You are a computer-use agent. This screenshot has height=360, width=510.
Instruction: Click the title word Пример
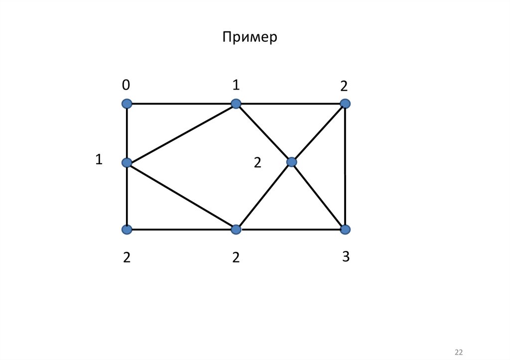(x=250, y=38)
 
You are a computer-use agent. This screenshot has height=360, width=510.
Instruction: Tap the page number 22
(x=459, y=352)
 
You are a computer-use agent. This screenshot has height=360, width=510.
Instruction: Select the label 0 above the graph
(x=126, y=86)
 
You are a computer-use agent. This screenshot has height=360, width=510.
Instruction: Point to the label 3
(x=346, y=257)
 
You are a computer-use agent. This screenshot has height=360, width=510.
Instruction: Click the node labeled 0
(x=127, y=104)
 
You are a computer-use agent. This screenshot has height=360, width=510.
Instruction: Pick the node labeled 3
(x=345, y=230)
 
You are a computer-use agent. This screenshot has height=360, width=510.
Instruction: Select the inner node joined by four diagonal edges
(x=292, y=162)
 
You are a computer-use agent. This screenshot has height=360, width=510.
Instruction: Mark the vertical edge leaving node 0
(x=127, y=133)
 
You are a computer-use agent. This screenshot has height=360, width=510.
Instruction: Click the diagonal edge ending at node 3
(x=319, y=196)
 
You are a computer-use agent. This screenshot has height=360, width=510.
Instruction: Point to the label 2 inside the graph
(x=257, y=162)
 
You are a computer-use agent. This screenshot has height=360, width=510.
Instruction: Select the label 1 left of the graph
(x=99, y=160)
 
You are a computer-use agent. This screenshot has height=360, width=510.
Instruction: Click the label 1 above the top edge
(x=236, y=86)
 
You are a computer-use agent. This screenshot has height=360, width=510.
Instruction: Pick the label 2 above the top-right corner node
(x=344, y=86)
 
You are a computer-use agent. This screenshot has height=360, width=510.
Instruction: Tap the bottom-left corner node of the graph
(x=127, y=230)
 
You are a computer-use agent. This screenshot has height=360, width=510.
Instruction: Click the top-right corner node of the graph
(x=345, y=104)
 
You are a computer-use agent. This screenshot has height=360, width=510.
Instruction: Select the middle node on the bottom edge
(x=236, y=230)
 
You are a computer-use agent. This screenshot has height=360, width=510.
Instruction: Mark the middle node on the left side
(x=127, y=162)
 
